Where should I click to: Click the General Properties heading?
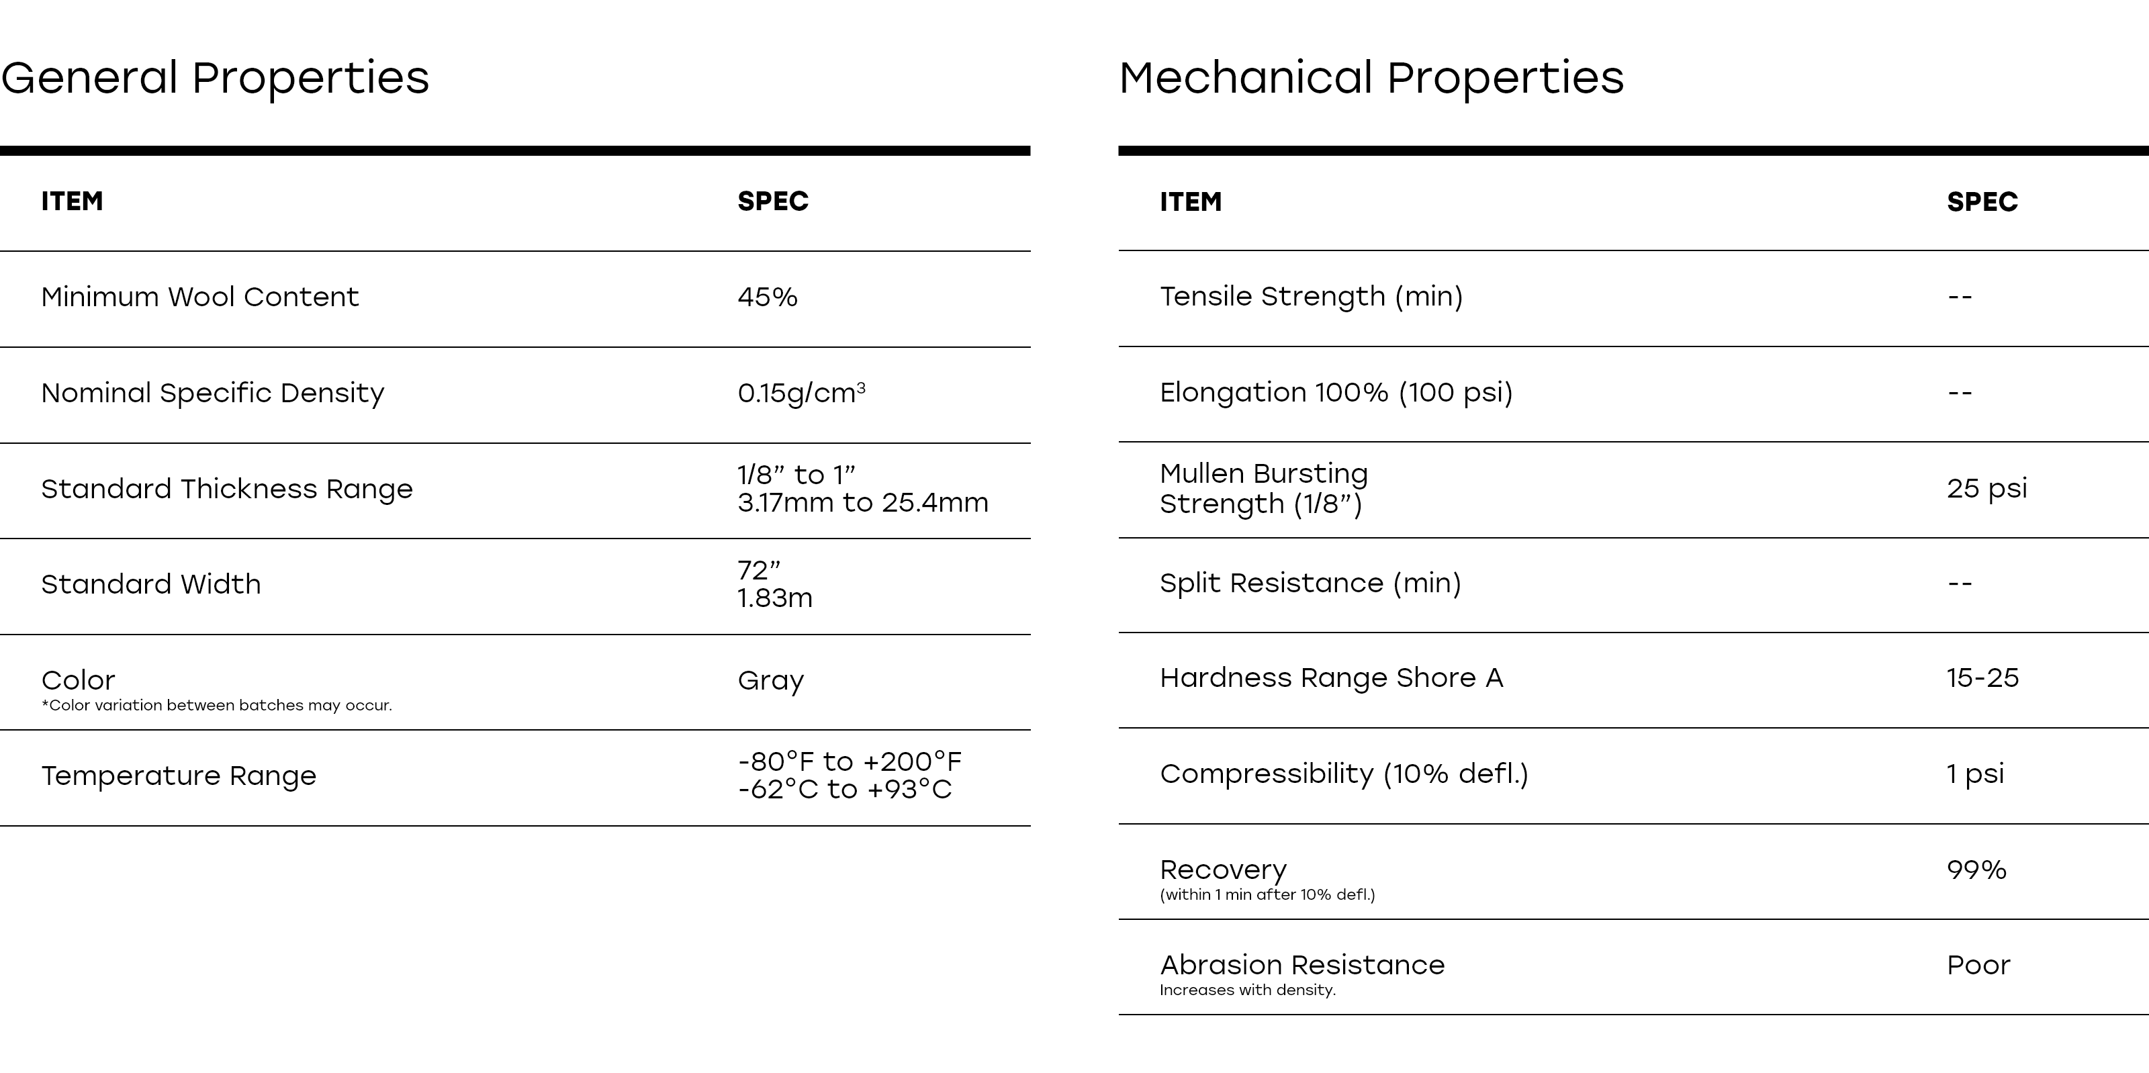coord(215,78)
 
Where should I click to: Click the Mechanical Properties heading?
coord(1371,78)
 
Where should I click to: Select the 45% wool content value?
coord(767,297)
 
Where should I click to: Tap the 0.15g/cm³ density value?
coord(801,392)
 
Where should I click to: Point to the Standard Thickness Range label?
coord(227,488)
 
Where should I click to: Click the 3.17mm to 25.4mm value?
coord(862,502)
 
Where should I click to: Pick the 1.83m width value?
coord(774,598)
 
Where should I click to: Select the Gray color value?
coord(770,681)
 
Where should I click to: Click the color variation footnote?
coord(216,705)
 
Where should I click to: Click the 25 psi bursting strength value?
coord(1986,488)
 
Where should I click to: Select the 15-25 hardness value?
coord(1982,678)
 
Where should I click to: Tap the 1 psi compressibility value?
coord(1974,774)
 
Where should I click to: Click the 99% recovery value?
coord(1976,870)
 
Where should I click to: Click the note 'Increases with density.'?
coord(1247,990)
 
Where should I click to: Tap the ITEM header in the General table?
coord(72,201)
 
